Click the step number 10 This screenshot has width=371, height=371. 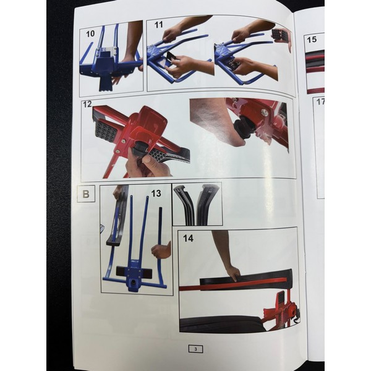(x=90, y=34)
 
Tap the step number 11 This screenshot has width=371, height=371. (x=158, y=25)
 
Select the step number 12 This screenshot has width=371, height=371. (x=87, y=104)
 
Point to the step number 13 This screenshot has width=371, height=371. (x=156, y=194)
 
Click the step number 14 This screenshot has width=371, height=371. (x=189, y=238)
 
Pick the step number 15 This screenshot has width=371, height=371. (x=312, y=40)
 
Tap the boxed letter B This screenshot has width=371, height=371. (x=86, y=194)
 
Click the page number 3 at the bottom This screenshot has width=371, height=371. (x=195, y=349)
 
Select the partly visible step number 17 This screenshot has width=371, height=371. (x=320, y=102)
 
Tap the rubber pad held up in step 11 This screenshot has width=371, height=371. (x=281, y=36)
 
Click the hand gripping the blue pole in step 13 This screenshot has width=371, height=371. (x=161, y=250)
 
